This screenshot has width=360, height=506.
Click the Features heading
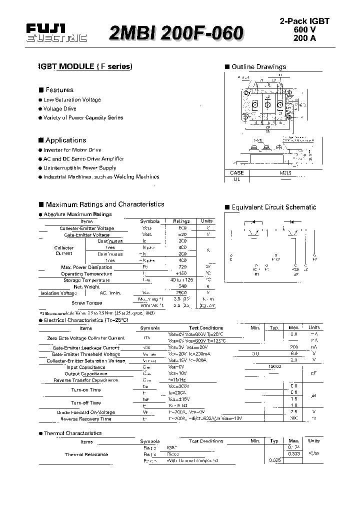pyautogui.click(x=59, y=90)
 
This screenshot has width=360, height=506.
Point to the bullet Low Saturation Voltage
pyautogui.click(x=71, y=99)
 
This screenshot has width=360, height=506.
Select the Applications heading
pyautogui.click(x=65, y=140)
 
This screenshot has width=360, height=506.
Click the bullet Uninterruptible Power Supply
pyautogui.click(x=79, y=168)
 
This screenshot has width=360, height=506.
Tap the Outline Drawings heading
pyautogui.click(x=258, y=66)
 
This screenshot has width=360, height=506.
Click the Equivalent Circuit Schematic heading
pyautogui.click(x=273, y=207)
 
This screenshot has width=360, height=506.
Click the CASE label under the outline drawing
pyautogui.click(x=237, y=172)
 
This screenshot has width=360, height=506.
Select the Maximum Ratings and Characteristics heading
pyautogui.click(x=104, y=204)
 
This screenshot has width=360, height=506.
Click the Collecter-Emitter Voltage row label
pyautogui.click(x=86, y=228)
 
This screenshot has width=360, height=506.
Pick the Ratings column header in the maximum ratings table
pyautogui.click(x=181, y=221)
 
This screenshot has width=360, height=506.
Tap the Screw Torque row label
pyautogui.click(x=86, y=303)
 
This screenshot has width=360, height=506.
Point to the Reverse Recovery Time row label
pyautogui.click(x=85, y=419)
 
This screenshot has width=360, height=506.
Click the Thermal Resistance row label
pyautogui.click(x=86, y=454)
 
